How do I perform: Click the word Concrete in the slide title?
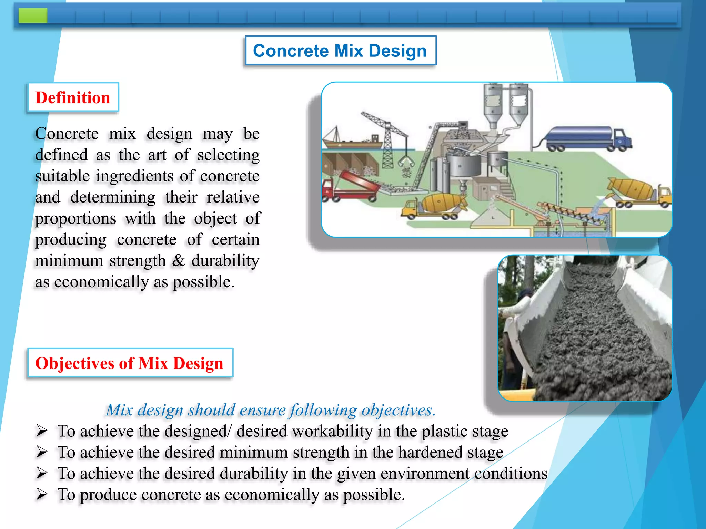click(291, 51)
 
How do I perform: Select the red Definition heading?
click(73, 98)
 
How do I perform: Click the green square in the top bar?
click(33, 15)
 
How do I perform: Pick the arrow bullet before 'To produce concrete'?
click(42, 494)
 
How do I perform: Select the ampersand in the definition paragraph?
click(178, 261)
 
